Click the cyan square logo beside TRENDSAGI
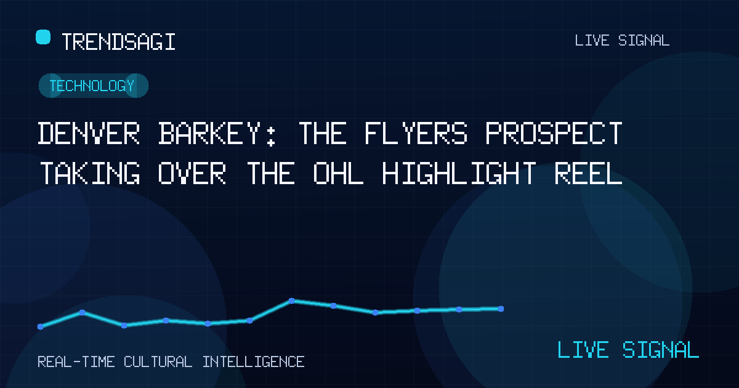click(x=43, y=37)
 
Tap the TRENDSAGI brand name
click(x=118, y=42)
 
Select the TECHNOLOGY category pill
click(x=94, y=86)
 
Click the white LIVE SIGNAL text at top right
click(x=622, y=41)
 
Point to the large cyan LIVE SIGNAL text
click(x=628, y=350)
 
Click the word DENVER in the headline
click(x=89, y=133)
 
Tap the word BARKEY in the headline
click(x=210, y=133)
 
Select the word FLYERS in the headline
click(x=416, y=133)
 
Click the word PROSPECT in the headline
click(x=554, y=133)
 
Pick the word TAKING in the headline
click(x=90, y=173)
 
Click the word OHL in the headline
click(x=338, y=173)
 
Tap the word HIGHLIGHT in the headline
click(x=459, y=173)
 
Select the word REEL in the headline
click(x=588, y=173)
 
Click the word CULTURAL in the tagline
click(x=158, y=362)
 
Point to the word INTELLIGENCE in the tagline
click(x=253, y=362)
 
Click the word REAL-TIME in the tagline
click(x=76, y=362)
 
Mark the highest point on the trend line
click(x=292, y=301)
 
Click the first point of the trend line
click(x=40, y=326)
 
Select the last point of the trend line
click(x=501, y=309)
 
